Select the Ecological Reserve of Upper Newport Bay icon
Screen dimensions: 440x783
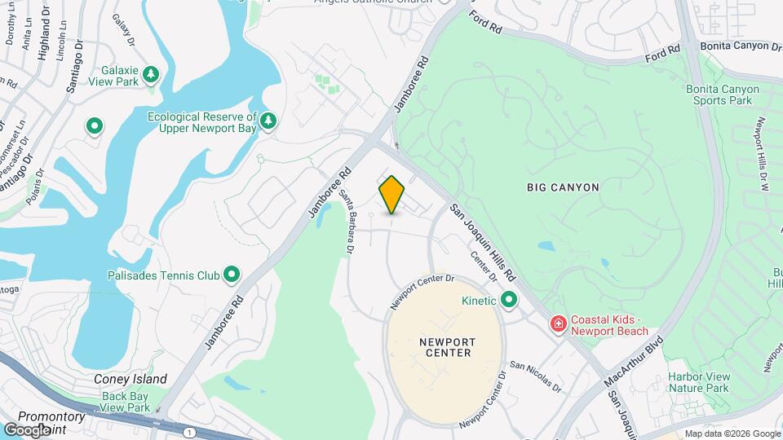tap(268, 122)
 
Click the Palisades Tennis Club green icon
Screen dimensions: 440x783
tap(232, 275)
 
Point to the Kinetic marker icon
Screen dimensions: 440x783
tap(510, 301)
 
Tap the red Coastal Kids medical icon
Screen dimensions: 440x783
tap(559, 325)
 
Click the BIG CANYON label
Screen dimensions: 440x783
tap(563, 187)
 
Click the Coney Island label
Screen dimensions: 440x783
tap(130, 379)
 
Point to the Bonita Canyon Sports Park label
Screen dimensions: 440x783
tap(719, 94)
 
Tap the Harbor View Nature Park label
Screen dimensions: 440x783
tap(698, 383)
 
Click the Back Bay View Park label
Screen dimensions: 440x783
tap(126, 402)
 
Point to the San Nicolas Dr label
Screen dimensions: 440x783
tap(535, 376)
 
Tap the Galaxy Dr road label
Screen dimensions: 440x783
tap(124, 31)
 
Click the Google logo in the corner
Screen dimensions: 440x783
tap(26, 429)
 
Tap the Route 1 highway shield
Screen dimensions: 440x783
tap(189, 431)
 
